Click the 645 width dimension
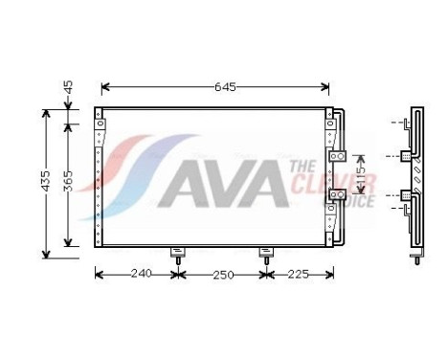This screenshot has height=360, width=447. click(x=224, y=86)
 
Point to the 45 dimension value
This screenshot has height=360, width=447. click(x=67, y=88)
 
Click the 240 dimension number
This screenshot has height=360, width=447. click(x=140, y=274)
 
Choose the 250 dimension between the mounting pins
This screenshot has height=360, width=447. click(x=222, y=274)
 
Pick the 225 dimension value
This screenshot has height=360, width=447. click(x=298, y=274)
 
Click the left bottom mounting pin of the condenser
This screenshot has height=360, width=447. click(x=177, y=254)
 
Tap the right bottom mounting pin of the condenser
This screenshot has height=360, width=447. click(x=266, y=254)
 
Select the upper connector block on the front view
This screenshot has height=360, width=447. click(x=337, y=157)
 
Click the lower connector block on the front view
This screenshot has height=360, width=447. click(x=337, y=195)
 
